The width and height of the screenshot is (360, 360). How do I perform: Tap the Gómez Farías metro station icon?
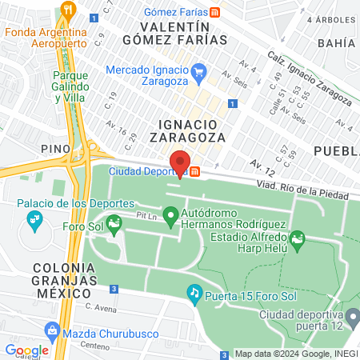pos(214,12)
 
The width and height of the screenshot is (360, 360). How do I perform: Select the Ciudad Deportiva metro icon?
pos(195,170)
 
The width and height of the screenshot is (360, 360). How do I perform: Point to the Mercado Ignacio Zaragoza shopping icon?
pos(200,74)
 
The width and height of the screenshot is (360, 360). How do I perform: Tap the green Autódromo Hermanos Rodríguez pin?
pos(170,216)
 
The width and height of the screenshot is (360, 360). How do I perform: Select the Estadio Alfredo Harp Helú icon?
pos(298,238)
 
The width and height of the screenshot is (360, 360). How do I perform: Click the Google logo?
pos(26,350)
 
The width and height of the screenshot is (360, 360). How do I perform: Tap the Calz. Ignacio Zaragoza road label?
pos(307,81)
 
